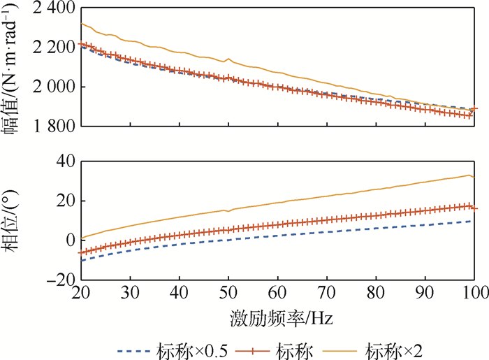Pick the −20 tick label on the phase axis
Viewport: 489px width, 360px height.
[60, 280]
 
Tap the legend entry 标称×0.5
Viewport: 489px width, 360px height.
[171, 346]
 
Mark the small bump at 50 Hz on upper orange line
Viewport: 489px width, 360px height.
[228, 59]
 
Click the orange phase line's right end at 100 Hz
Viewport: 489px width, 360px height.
[475, 178]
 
